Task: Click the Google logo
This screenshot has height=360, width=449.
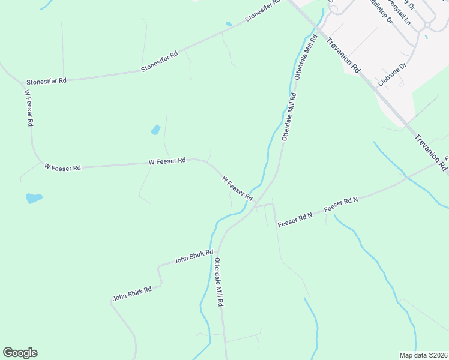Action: [x=20, y=353]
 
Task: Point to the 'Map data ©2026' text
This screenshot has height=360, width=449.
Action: [x=423, y=355]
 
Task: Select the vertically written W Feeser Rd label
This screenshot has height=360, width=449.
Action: [x=28, y=107]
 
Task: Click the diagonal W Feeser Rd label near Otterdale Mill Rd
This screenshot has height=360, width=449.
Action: [x=237, y=188]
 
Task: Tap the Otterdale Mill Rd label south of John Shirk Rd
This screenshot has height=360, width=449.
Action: [x=219, y=283]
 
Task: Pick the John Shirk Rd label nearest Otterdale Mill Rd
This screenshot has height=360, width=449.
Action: [x=193, y=257]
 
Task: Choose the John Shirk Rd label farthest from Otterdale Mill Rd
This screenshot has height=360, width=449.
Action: [x=132, y=293]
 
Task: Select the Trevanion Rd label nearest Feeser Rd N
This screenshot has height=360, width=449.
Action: [x=430, y=151]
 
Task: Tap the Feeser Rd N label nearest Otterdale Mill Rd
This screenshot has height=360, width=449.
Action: [x=295, y=220]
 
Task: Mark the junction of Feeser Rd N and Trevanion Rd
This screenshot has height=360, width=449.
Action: [x=408, y=177]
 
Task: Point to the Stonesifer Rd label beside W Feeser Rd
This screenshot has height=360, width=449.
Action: [x=46, y=80]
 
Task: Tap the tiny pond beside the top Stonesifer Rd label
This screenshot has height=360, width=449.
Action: [x=229, y=25]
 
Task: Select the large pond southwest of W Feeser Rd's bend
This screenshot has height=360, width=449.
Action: [x=34, y=197]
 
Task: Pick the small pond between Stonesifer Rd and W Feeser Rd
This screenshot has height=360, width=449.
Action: [x=156, y=130]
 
